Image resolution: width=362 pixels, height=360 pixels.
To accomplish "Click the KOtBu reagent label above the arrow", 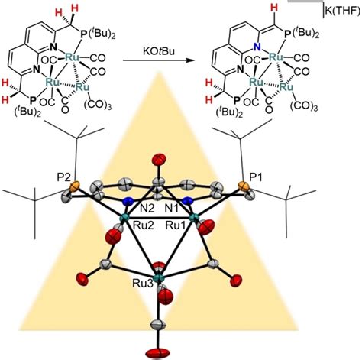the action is (x=158, y=51).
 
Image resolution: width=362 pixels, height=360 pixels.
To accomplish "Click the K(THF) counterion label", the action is (x=343, y=11).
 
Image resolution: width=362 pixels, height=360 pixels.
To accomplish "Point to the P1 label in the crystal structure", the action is (x=255, y=178).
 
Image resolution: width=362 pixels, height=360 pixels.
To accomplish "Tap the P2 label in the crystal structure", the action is (x=63, y=177).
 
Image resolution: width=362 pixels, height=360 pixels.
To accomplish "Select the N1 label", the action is (x=171, y=209).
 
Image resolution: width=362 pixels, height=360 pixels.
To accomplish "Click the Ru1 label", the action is (x=176, y=225).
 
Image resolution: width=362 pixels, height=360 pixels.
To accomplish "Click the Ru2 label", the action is (x=144, y=225).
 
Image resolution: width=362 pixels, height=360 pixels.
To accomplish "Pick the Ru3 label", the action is (x=143, y=284).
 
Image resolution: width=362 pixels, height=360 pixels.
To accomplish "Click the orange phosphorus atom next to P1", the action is (x=243, y=186).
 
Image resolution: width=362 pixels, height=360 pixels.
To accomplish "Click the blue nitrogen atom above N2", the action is (x=128, y=202).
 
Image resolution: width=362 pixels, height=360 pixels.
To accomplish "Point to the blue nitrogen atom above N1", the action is (x=189, y=201).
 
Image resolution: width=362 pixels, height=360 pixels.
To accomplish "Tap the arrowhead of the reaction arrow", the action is (x=189, y=60).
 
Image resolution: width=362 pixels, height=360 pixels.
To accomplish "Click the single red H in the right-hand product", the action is (x=273, y=8).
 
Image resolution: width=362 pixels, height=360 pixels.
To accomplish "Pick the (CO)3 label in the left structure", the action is (x=98, y=105).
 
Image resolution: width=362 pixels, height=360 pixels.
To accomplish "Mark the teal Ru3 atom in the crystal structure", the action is (x=159, y=278).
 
